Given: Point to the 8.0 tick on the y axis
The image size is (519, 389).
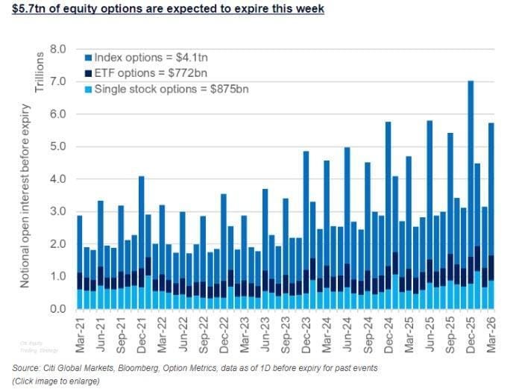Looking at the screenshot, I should coord(57,49).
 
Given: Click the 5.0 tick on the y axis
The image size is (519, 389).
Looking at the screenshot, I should coord(57,146).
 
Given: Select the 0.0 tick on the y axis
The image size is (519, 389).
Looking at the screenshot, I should coord(57,308).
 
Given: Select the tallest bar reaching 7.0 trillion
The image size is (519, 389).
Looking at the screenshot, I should coord(471,194).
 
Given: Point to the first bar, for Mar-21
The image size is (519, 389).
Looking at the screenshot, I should coord(80,261).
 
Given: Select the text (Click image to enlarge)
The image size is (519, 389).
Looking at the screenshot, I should coord(52,382).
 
